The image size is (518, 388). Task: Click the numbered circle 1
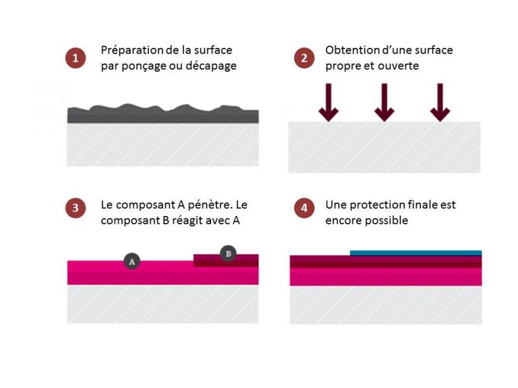click(x=75, y=58)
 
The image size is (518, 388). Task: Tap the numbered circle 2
click(x=304, y=58)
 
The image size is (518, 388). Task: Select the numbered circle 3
click(x=75, y=208)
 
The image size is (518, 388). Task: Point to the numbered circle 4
click(x=304, y=208)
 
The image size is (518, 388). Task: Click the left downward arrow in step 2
click(x=328, y=102)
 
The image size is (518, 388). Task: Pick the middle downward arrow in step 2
click(x=384, y=102)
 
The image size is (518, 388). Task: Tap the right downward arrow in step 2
click(x=440, y=102)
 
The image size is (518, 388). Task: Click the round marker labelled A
click(x=132, y=262)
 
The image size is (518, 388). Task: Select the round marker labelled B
click(x=229, y=253)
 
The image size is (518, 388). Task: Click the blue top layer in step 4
click(x=416, y=253)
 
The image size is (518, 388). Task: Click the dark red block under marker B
click(x=226, y=261)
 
